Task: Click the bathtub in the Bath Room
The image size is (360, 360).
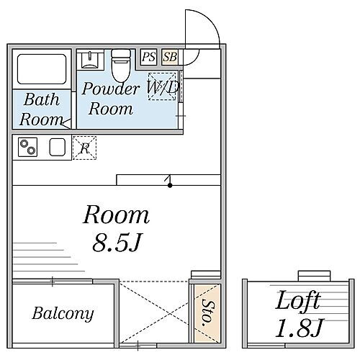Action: pyautogui.click(x=42, y=69)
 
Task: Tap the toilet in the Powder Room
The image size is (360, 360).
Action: pyautogui.click(x=121, y=66)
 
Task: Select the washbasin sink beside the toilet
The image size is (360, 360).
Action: pyautogui.click(x=90, y=60)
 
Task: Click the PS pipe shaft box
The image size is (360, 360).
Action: pyautogui.click(x=148, y=57)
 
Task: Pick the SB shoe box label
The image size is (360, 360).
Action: pyautogui.click(x=170, y=57)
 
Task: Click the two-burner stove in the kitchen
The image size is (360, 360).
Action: pyautogui.click(x=27, y=147)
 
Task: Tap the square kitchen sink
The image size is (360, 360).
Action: pyautogui.click(x=58, y=147)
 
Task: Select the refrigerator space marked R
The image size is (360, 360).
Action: pyautogui.click(x=84, y=148)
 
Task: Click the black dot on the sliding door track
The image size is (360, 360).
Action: pyautogui.click(x=170, y=185)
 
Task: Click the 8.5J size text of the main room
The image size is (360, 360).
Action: pyautogui.click(x=117, y=242)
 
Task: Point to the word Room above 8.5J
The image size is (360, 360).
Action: pyautogui.click(x=117, y=215)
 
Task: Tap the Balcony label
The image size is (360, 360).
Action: pyautogui.click(x=63, y=313)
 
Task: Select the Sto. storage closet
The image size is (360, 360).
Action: pyautogui.click(x=207, y=313)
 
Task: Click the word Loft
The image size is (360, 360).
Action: pyautogui.click(x=298, y=300)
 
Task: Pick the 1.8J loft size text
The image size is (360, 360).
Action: pyautogui.click(x=300, y=328)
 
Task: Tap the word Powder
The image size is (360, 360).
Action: pyautogui.click(x=110, y=89)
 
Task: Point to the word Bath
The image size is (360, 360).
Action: pyautogui.click(x=42, y=99)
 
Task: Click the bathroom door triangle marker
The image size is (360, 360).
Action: pyautogui.click(x=66, y=123)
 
